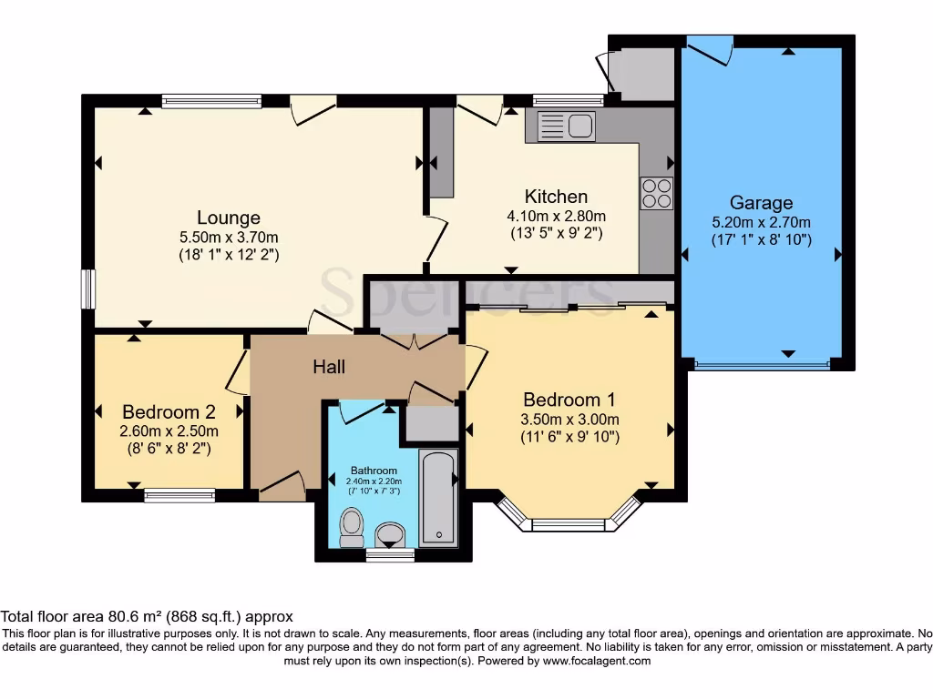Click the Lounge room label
coord(229,218)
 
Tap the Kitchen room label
coord(556,197)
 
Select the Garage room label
coord(761,203)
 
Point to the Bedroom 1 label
coord(569,400)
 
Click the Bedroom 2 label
coord(169,412)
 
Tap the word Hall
coord(329,367)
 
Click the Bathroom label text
coord(374,471)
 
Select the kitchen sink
coord(566,126)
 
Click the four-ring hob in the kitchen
coord(657,193)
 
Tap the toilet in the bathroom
coord(352,527)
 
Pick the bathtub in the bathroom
coord(438,498)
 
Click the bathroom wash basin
coord(390,535)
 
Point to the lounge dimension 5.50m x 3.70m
coord(229,238)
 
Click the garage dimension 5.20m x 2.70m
coord(761,222)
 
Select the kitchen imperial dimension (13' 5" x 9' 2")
coord(557,233)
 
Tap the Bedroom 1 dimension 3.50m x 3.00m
coord(569,419)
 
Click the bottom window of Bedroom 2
coord(179,495)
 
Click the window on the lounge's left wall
coord(88,289)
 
